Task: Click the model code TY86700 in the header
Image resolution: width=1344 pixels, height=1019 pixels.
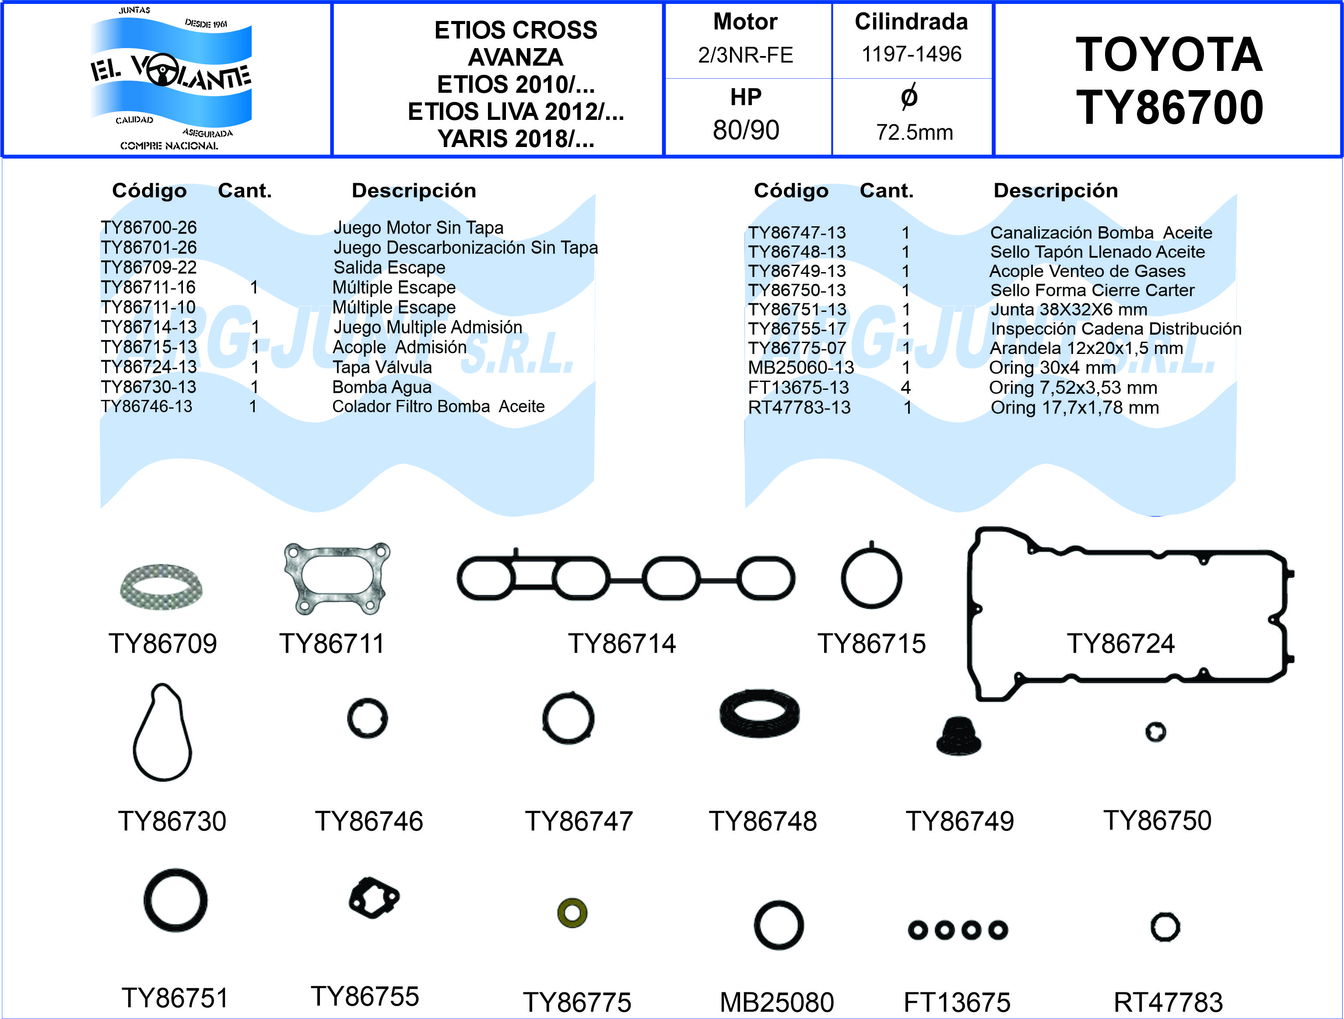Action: (x=1169, y=108)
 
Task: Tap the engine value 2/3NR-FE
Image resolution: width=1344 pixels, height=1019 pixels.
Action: (x=745, y=55)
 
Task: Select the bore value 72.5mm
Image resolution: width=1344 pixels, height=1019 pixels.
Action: (x=914, y=133)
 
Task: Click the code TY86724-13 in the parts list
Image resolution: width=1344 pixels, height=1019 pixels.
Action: (x=149, y=367)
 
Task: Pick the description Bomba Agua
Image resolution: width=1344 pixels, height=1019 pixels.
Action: (x=382, y=387)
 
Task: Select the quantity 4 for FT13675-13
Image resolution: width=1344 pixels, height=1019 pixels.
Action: (x=905, y=388)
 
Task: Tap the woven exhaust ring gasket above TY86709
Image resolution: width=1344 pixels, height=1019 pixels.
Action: (x=161, y=587)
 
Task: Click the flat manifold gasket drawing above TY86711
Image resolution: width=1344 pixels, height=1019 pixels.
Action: (x=337, y=578)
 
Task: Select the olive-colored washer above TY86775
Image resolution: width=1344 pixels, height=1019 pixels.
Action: (x=572, y=912)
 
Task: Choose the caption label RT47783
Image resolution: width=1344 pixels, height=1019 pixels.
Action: (x=1168, y=1002)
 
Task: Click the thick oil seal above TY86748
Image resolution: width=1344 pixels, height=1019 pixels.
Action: (x=759, y=715)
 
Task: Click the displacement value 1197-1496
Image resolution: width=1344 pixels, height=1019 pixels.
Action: (x=912, y=54)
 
